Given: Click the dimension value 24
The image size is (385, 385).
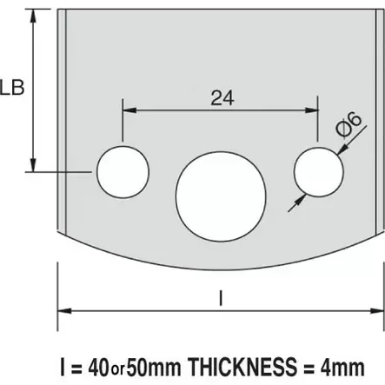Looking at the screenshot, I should click(220, 98).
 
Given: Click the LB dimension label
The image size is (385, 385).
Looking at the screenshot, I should click(12, 87).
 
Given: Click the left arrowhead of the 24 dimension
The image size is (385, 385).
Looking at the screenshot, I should click(127, 110).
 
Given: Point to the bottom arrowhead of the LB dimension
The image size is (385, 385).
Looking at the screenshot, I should click(34, 166).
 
